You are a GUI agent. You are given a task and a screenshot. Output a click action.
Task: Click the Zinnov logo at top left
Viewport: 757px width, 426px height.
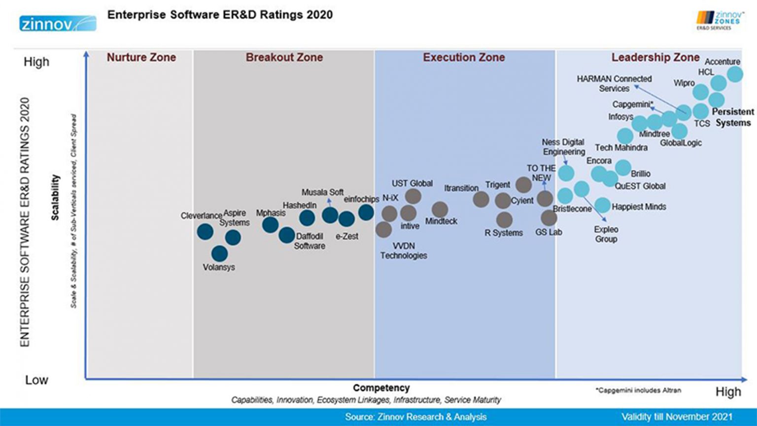tap(58, 23)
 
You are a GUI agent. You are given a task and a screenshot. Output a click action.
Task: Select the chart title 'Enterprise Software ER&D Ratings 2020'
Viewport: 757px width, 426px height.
tap(220, 15)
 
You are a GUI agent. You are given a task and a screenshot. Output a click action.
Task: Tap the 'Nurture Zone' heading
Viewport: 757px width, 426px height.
tap(141, 58)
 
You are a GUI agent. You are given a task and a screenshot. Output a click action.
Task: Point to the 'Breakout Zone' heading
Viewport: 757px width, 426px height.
tap(284, 58)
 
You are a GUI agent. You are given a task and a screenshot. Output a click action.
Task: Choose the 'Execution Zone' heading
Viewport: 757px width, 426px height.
tap(464, 58)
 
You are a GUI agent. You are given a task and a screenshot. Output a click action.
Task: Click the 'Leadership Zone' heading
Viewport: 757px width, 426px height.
tap(655, 58)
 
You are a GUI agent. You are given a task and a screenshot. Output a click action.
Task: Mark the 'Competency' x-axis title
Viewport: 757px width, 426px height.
tap(381, 388)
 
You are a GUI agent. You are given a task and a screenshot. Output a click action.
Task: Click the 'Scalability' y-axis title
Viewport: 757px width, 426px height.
tap(55, 197)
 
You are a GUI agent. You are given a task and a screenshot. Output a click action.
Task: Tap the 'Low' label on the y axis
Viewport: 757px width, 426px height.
tap(36, 380)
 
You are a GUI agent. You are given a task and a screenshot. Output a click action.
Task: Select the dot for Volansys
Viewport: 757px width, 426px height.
tap(220, 254)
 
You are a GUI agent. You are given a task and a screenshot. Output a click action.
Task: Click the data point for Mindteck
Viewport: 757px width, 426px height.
tap(440, 210)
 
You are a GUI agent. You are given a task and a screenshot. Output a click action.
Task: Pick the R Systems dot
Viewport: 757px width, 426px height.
tap(504, 220)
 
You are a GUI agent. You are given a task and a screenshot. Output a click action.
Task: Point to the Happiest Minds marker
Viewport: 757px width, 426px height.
tap(602, 205)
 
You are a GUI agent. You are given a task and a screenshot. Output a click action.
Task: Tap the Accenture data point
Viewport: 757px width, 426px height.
tap(735, 74)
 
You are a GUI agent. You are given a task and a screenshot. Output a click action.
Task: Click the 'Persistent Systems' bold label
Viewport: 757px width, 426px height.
tap(733, 117)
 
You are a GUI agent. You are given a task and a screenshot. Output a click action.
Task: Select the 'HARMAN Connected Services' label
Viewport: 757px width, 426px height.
tap(614, 83)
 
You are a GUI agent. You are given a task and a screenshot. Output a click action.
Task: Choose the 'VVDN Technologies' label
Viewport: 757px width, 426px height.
tap(403, 250)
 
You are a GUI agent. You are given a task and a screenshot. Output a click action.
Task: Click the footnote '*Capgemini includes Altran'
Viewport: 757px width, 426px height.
tap(638, 390)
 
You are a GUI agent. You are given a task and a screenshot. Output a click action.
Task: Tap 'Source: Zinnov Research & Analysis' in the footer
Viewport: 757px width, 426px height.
tap(415, 417)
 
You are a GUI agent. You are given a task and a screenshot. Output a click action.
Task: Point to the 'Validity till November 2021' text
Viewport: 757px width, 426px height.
tap(677, 417)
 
